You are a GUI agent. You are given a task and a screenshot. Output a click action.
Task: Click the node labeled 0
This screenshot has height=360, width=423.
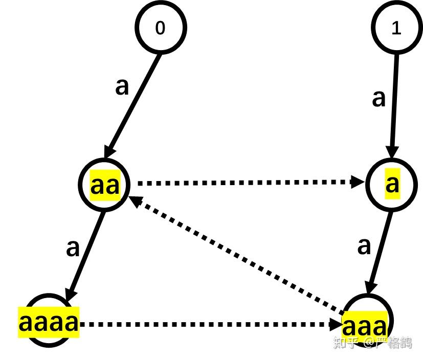click(x=160, y=28)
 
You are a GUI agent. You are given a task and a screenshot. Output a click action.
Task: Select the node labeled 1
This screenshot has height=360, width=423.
click(x=397, y=28)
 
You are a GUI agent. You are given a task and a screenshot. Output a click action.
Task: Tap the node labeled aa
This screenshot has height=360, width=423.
click(x=105, y=185)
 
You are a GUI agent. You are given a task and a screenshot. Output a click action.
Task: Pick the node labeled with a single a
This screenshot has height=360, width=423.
click(x=392, y=184)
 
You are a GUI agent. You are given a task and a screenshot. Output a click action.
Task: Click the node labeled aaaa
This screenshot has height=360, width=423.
click(x=49, y=321)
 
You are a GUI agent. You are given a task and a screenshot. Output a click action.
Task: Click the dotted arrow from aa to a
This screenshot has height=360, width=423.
click(x=246, y=182)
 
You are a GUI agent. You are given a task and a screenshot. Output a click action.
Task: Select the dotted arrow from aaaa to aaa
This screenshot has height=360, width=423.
click(x=210, y=324)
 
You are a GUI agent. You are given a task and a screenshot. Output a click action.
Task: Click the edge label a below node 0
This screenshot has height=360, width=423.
click(x=122, y=87)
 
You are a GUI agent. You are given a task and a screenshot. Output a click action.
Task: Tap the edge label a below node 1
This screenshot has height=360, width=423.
click(x=379, y=98)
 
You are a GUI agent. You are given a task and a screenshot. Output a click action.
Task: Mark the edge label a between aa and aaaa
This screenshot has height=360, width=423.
click(x=73, y=249)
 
